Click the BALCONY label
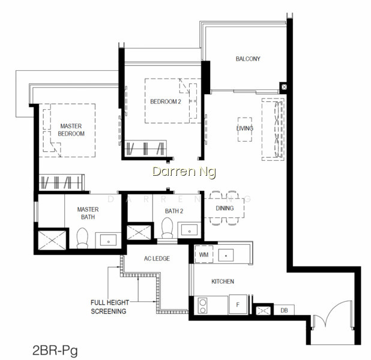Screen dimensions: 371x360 248,59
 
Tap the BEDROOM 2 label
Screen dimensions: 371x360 166,102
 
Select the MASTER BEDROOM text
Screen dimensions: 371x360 71,130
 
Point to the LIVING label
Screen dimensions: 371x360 245,128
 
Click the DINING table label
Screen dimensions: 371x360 225,208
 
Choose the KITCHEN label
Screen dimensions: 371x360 223,281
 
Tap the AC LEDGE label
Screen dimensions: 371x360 157,259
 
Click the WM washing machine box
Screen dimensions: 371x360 204,254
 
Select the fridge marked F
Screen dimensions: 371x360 238,305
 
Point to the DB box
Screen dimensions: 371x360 284,310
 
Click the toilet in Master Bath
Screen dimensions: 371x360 82,238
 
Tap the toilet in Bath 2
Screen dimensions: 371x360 167,228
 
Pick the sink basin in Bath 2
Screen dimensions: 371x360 189,230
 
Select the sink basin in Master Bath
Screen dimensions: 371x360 108,241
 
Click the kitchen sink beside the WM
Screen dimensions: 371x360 226,255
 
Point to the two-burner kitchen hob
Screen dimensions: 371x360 202,307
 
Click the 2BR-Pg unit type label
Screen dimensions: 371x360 55,350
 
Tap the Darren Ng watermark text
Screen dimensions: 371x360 184,172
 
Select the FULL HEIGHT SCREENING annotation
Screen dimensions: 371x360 109,307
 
